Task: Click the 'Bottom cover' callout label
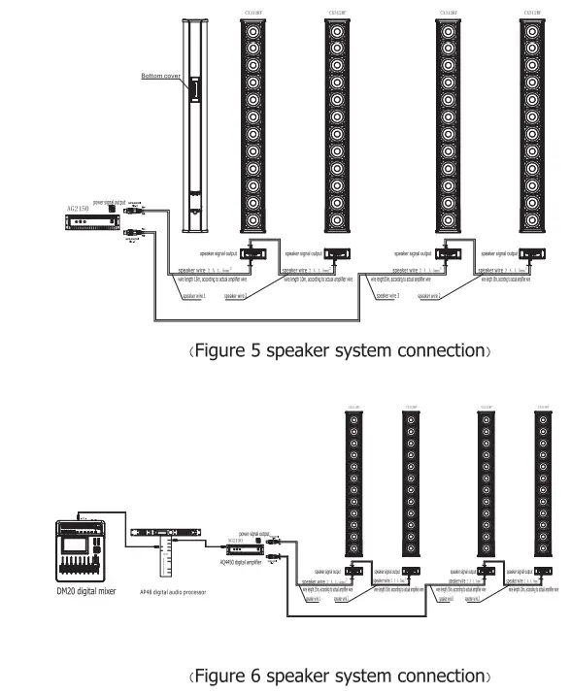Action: (162, 76)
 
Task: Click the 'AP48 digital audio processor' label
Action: (172, 591)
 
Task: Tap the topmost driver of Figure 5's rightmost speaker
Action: (532, 31)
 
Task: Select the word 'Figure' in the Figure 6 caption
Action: (215, 675)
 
